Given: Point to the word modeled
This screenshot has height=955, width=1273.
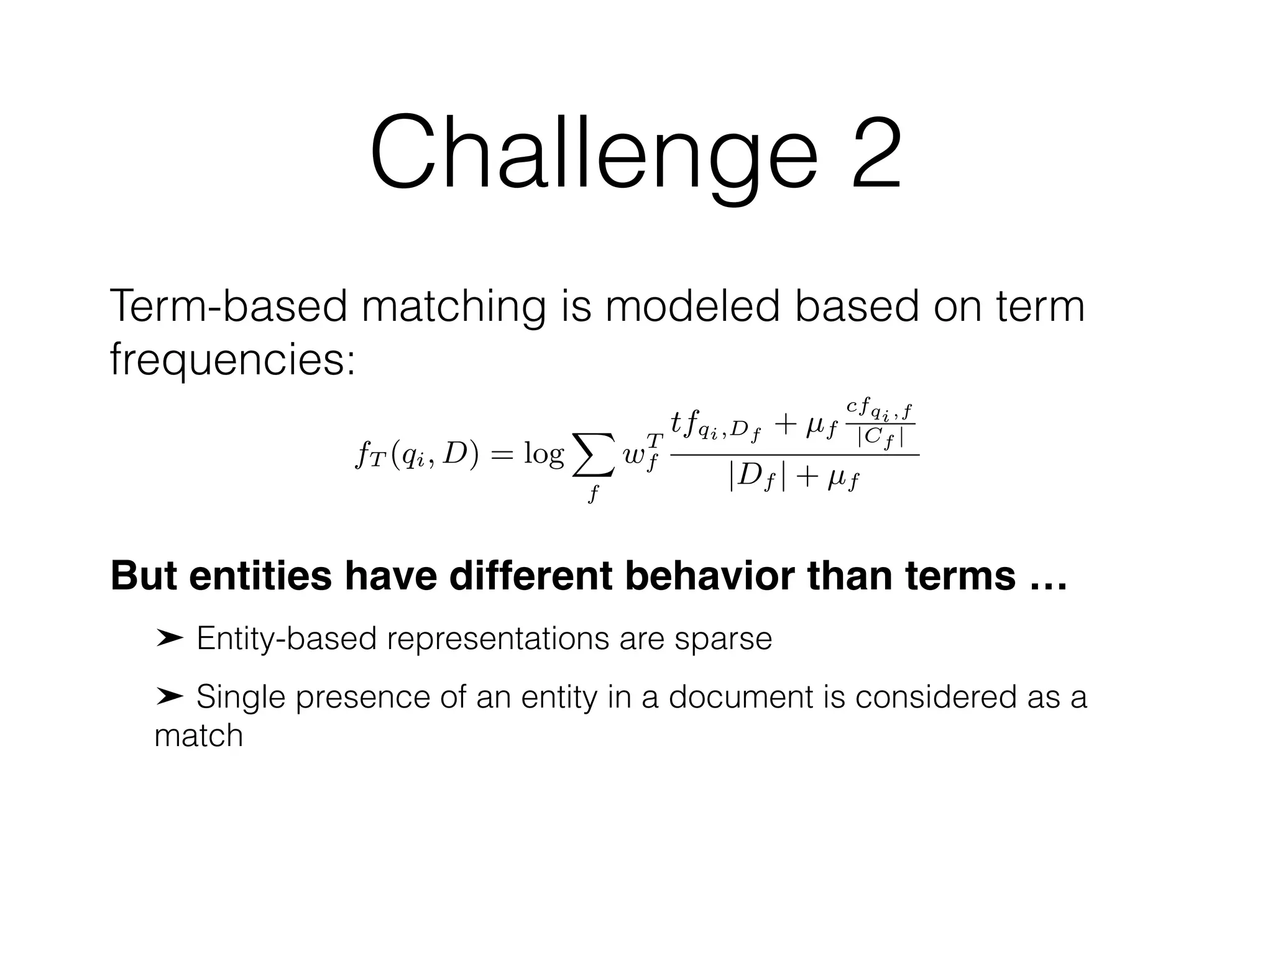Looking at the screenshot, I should point(692,306).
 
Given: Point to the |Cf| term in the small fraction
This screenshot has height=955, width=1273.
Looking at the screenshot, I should point(880,438).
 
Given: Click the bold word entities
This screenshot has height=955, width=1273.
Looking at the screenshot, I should point(260,576).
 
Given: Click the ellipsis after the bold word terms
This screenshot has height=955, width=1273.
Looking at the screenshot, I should point(1049,578).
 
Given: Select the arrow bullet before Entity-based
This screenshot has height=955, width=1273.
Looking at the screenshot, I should point(169,638).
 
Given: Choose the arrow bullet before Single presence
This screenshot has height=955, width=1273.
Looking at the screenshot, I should point(169,696).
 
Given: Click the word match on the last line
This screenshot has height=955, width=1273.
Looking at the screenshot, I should point(198,736).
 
